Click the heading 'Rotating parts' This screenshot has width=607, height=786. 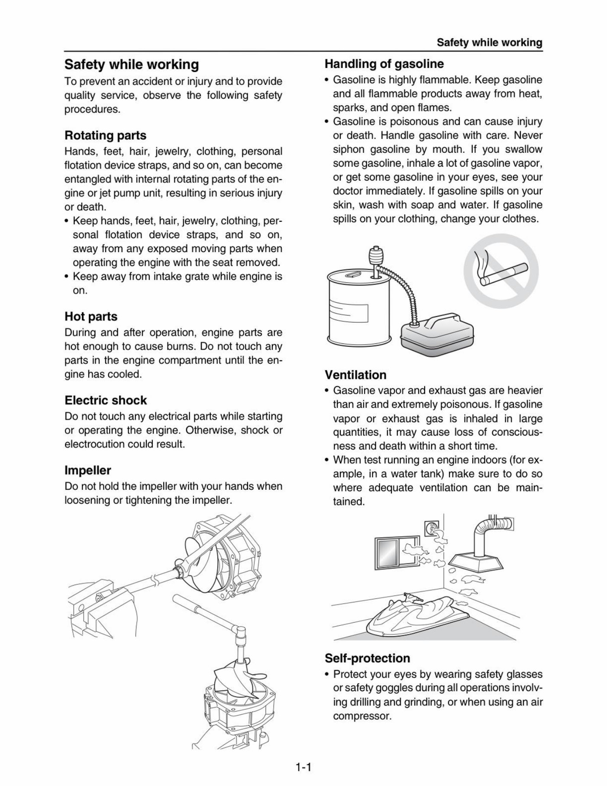pyautogui.click(x=105, y=136)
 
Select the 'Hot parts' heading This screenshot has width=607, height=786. pyautogui.click(x=91, y=317)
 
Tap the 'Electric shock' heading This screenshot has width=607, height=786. pyautogui.click(x=106, y=400)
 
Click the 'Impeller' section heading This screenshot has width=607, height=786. pyautogui.click(x=88, y=470)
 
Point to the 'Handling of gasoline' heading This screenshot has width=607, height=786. pyautogui.click(x=384, y=64)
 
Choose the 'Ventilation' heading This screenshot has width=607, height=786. pyautogui.click(x=355, y=375)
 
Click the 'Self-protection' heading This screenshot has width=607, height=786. pyautogui.click(x=367, y=658)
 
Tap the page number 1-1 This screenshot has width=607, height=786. pyautogui.click(x=303, y=768)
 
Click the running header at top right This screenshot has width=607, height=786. pyautogui.click(x=489, y=42)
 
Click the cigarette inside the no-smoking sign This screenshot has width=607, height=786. pyautogui.click(x=504, y=275)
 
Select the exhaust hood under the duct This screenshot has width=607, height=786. pyautogui.click(x=476, y=564)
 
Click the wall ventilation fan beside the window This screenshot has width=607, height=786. pyautogui.click(x=432, y=529)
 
